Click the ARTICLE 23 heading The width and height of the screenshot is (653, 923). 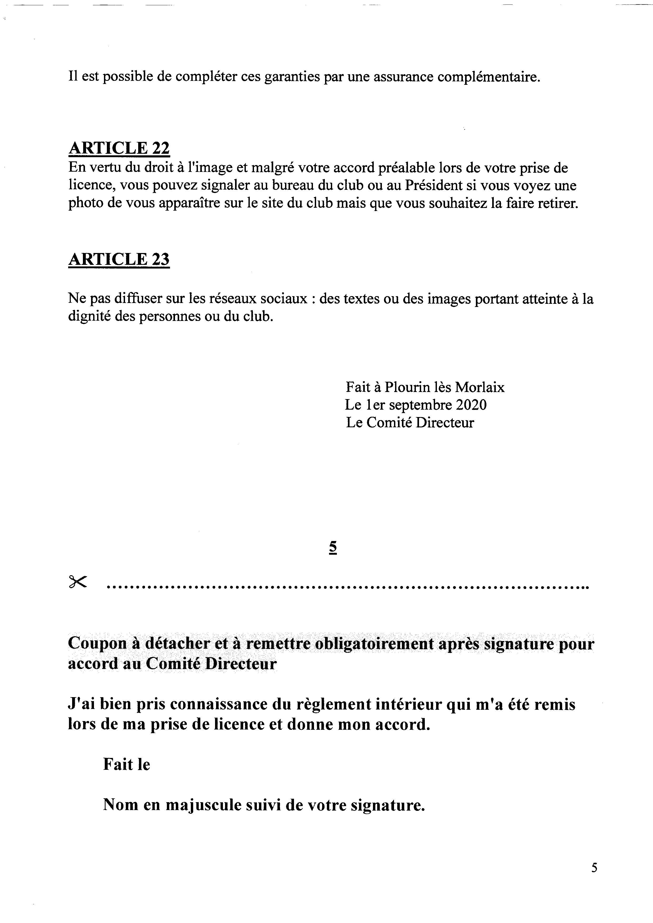[x=119, y=259]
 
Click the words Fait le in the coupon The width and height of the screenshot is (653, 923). [x=126, y=765]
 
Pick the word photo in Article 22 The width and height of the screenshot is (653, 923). [x=86, y=203]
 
